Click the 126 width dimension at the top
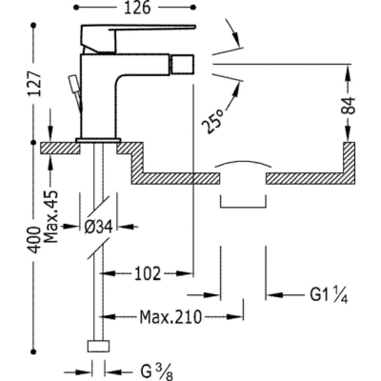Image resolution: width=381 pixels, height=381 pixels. click(x=136, y=8)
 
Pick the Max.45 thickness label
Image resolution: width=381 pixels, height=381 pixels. click(x=51, y=217)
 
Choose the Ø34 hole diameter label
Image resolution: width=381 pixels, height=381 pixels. click(x=99, y=227)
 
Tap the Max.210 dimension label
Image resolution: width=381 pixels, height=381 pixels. click(x=169, y=315)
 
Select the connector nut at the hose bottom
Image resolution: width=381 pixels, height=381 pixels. click(x=99, y=346)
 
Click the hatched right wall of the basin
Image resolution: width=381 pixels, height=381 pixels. click(x=349, y=157)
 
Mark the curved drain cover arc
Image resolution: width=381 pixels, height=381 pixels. click(x=243, y=162)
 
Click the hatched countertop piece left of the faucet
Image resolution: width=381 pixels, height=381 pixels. click(x=60, y=148)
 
